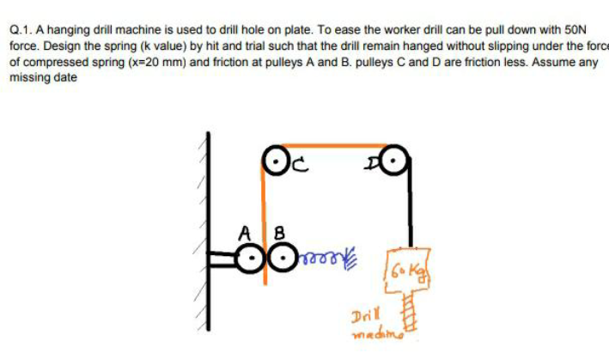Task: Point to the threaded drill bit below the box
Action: tap(410, 308)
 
